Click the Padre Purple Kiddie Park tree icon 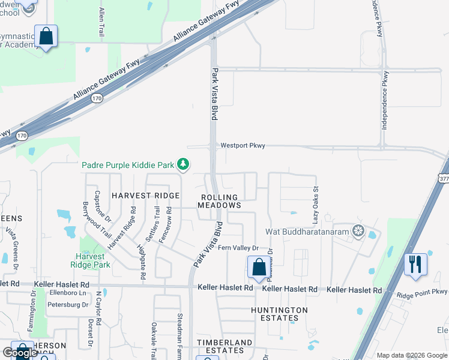(184, 164)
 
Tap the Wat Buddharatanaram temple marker (359, 231)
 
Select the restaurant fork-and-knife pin (415, 264)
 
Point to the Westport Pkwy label (243, 145)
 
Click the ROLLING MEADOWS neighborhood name (219, 201)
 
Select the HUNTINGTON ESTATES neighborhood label (279, 314)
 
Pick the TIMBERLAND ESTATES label (225, 346)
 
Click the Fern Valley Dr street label (238, 248)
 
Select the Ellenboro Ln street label (68, 293)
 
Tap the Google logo (20, 353)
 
